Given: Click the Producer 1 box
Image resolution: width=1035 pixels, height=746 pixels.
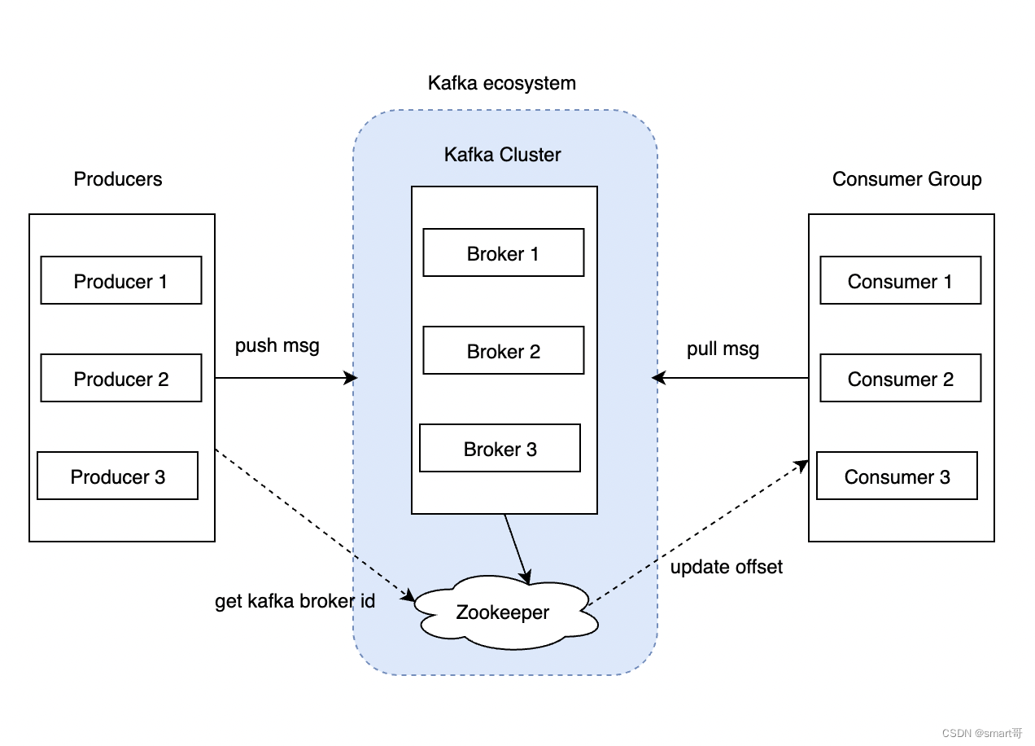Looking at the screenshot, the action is (121, 280).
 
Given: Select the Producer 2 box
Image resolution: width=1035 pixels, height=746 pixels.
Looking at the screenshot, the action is (121, 378).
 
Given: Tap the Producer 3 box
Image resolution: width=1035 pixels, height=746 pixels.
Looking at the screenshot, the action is (117, 476).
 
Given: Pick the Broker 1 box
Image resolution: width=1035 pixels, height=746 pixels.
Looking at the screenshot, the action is (503, 252).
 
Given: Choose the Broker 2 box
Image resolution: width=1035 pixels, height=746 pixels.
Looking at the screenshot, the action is (503, 350).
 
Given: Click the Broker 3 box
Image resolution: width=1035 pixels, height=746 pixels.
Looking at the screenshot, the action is (500, 448).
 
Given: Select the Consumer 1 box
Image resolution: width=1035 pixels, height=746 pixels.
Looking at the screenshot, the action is (900, 280).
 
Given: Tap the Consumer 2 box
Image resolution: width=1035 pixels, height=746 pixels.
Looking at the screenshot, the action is (900, 378).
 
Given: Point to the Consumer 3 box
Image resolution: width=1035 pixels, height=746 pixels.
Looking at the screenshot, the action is (897, 476).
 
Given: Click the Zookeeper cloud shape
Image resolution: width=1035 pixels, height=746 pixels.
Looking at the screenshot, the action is (505, 612).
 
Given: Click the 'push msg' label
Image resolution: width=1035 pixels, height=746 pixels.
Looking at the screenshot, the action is (277, 346).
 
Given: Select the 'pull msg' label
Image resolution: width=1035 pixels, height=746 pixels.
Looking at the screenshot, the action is (723, 349).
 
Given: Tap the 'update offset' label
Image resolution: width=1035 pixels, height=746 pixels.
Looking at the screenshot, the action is (727, 567).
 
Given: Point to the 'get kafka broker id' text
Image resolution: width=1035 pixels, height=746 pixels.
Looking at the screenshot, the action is (295, 601).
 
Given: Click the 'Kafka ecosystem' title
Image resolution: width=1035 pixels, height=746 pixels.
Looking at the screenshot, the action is (502, 83).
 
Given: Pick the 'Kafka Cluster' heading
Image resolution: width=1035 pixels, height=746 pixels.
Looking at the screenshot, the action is (502, 155).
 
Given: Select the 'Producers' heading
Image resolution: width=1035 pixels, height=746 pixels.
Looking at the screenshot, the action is (118, 179).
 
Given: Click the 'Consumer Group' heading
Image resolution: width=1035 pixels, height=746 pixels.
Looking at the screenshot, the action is (906, 179).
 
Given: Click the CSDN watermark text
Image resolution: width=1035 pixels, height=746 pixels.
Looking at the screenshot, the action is (982, 733).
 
